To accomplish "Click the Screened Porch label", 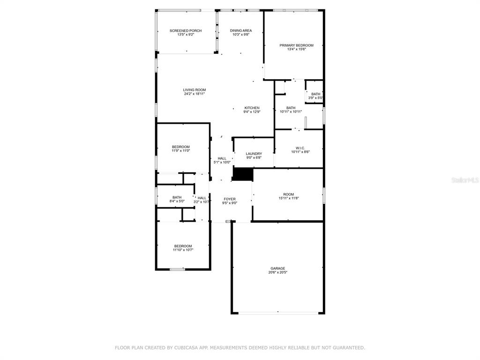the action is pyautogui.click(x=186, y=30).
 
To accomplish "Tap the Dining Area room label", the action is pyautogui.click(x=241, y=30).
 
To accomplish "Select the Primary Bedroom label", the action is pyautogui.click(x=296, y=45).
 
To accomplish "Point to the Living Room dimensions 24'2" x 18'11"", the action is pyautogui.click(x=195, y=94).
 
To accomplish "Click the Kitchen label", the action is pyautogui.click(x=252, y=108).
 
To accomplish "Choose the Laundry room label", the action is pyautogui.click(x=254, y=154).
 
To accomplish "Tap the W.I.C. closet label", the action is pyautogui.click(x=300, y=148).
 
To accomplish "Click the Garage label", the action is pyautogui.click(x=277, y=269).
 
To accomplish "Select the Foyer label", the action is pyautogui.click(x=230, y=199).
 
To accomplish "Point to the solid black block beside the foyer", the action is pyautogui.click(x=243, y=174).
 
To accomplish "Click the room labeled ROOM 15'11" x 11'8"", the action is pyautogui.click(x=288, y=196).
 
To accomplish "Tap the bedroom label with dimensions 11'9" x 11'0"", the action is pyautogui.click(x=180, y=149).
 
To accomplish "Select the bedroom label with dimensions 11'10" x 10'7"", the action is pyautogui.click(x=183, y=248).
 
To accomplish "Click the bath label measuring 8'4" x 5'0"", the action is pyautogui.click(x=177, y=199).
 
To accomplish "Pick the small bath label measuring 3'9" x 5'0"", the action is pyautogui.click(x=315, y=96).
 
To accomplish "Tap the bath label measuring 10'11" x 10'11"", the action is pyautogui.click(x=291, y=110).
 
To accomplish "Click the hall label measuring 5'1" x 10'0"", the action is pyautogui.click(x=222, y=160).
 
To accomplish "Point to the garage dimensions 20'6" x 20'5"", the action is pyautogui.click(x=277, y=272).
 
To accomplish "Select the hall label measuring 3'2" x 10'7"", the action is pyautogui.click(x=202, y=200).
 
